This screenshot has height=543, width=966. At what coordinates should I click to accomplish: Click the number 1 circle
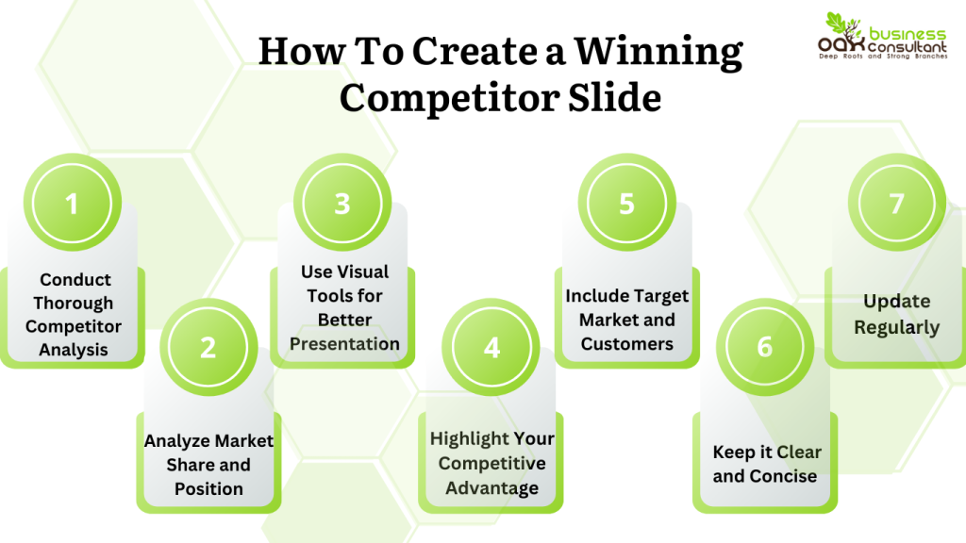tap(72, 204)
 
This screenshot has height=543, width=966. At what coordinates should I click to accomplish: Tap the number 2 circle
tap(208, 347)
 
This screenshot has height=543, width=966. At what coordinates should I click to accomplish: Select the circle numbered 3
tap(342, 204)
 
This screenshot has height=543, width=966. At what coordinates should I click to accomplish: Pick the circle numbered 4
tap(491, 347)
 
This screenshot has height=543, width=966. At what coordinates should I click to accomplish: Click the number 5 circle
tap(626, 204)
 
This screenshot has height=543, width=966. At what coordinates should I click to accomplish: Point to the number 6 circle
tap(764, 347)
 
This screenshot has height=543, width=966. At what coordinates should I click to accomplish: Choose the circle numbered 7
tap(896, 204)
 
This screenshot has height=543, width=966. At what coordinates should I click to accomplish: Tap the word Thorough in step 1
tap(74, 304)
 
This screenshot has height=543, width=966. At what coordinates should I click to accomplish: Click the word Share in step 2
tap(191, 465)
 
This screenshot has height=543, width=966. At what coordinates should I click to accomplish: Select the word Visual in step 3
tap(363, 271)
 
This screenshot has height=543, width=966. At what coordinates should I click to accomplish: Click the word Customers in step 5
tap(626, 344)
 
